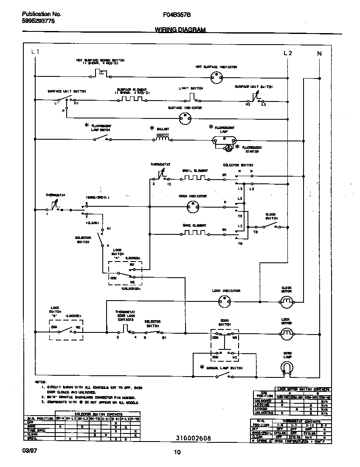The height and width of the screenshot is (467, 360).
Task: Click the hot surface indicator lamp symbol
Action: [x=217, y=77]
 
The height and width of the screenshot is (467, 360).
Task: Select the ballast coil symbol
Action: [x=163, y=138]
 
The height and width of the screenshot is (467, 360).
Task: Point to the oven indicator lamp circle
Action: [x=193, y=207]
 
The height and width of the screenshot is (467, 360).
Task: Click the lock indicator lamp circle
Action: [x=224, y=301]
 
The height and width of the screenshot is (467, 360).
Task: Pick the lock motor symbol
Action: [x=287, y=332]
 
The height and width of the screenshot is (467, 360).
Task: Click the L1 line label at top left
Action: [x=36, y=52]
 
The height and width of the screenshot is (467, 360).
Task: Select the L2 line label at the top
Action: [x=288, y=53]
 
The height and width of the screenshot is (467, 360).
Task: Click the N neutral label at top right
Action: [x=319, y=53]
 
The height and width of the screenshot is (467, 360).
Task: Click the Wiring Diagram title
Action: [x=180, y=30]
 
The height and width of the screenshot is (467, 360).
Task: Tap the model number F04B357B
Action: [x=177, y=14]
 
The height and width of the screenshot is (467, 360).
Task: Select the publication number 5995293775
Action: [x=38, y=21]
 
